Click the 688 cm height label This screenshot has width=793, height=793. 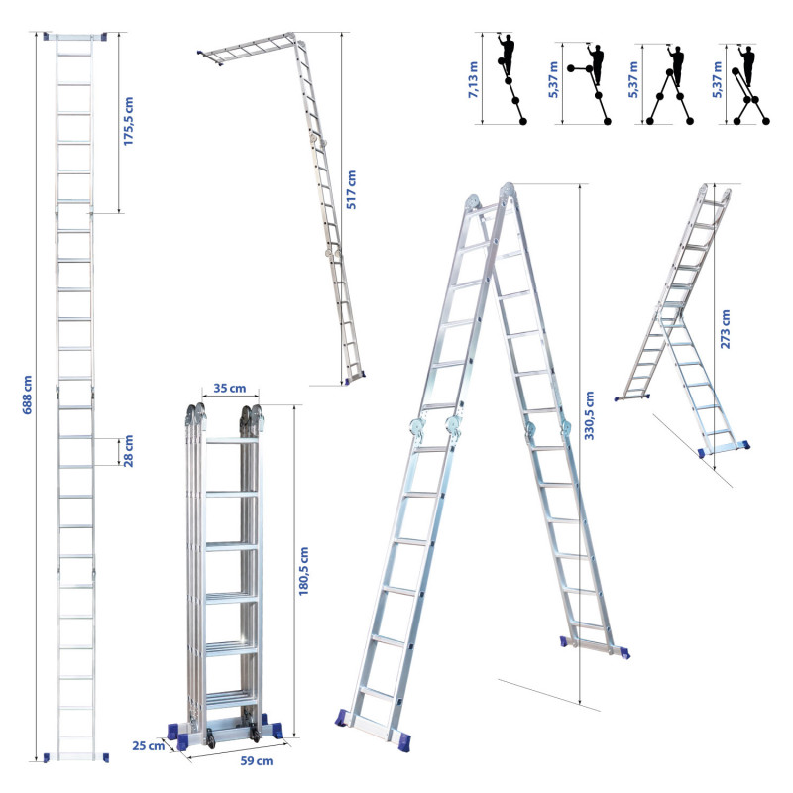(x=28, y=395)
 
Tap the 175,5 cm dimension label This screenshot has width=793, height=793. (x=129, y=121)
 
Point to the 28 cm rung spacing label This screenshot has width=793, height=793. (x=129, y=451)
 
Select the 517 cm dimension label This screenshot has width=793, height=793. (x=351, y=189)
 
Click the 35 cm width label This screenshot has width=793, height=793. (x=230, y=388)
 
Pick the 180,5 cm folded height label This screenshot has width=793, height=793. (x=303, y=571)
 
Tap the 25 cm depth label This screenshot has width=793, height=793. (x=148, y=746)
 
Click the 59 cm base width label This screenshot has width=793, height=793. (x=257, y=761)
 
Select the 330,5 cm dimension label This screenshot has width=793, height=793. (x=589, y=415)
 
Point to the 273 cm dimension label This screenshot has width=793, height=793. (x=726, y=329)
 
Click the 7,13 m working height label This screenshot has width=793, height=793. (x=473, y=79)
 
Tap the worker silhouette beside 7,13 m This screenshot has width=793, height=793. (x=507, y=55)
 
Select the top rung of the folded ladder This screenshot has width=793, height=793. (x=232, y=440)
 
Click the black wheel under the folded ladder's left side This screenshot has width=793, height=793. (x=210, y=738)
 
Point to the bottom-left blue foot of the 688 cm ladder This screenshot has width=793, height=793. (x=47, y=757)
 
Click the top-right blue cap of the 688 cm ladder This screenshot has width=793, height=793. (x=104, y=37)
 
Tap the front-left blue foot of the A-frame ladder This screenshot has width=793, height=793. (x=342, y=718)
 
